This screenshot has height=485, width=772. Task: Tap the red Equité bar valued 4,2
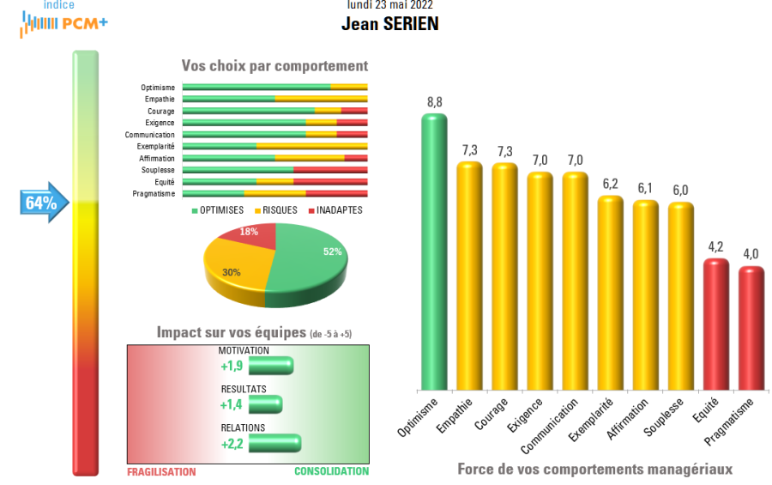715,325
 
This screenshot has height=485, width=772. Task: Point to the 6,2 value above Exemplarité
610,184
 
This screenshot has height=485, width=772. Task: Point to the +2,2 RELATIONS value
233,443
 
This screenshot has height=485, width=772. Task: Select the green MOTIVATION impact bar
271,367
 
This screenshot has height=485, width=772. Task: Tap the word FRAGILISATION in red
161,471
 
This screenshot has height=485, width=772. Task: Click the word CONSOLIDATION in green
331,471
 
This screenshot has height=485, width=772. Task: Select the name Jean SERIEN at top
389,24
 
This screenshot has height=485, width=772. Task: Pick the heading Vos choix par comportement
274,66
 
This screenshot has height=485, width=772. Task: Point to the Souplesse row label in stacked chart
157,170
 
